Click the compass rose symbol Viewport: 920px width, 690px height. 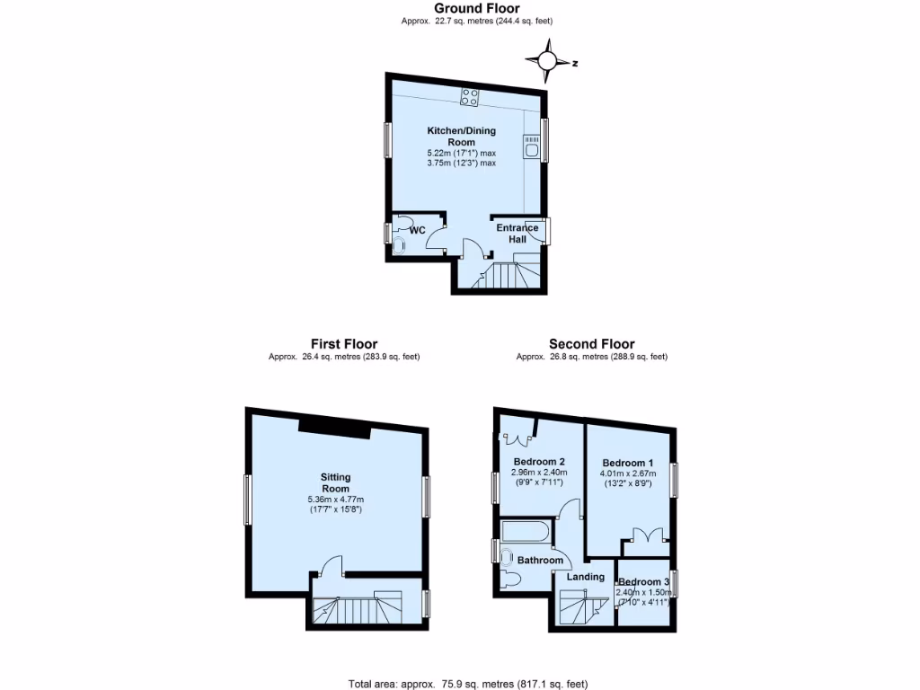point(547,61)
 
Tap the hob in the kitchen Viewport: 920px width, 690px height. point(469,96)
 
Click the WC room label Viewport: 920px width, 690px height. point(417,230)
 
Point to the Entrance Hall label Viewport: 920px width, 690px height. point(518,233)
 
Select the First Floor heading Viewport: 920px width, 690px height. point(344,343)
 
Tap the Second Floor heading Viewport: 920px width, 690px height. point(592,343)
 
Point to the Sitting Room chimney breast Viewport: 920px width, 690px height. point(335,429)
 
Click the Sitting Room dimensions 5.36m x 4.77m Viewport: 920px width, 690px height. point(336,500)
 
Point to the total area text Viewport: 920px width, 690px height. point(468,684)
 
